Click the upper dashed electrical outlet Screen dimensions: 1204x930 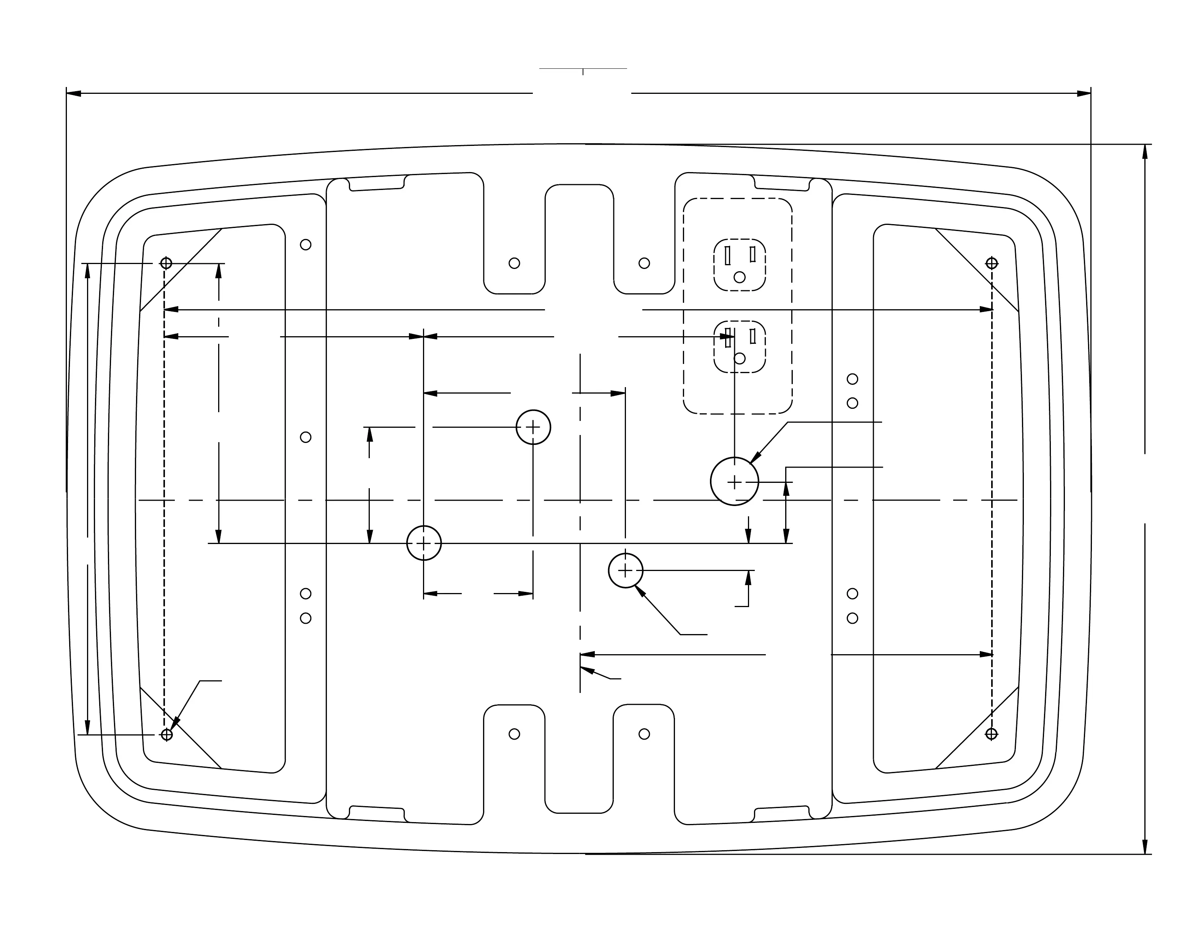739,264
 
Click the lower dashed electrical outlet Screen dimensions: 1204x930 739,346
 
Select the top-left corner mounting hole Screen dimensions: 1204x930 166,263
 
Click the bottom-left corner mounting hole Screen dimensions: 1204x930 166,734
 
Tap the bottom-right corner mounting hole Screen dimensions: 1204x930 991,734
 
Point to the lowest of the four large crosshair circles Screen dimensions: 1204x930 626,571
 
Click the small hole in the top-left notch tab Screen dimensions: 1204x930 514,263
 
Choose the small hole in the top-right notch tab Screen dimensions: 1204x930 644,263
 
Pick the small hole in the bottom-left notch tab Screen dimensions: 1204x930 514,734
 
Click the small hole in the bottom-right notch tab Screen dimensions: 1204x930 644,734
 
